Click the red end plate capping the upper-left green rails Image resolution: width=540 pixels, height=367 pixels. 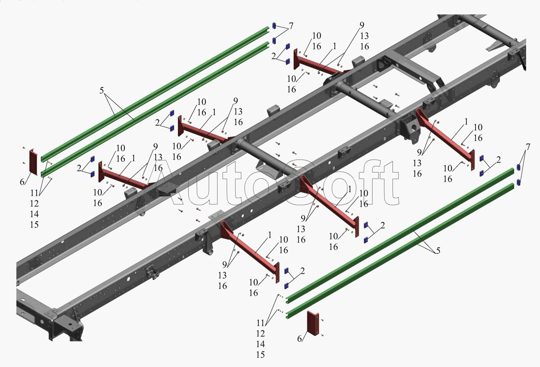click(33, 162)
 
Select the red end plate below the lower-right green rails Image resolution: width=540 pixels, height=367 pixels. click(312, 323)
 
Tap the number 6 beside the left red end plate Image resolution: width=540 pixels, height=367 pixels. click(22, 182)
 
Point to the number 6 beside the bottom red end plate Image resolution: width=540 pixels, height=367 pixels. click(300, 339)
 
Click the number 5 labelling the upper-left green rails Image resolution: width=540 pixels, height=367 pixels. click(102, 90)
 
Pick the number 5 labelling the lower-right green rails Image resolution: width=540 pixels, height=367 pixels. click(438, 251)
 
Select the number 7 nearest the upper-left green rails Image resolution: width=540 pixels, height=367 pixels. click(291, 26)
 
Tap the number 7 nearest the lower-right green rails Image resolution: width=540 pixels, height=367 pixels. click(528, 147)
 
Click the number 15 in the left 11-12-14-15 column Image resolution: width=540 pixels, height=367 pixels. click(34, 225)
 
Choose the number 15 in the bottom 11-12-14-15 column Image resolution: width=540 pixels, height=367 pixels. click(260, 355)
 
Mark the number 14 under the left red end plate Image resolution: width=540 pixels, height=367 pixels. click(34, 214)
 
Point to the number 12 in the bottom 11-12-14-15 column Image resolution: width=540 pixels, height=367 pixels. click(260, 334)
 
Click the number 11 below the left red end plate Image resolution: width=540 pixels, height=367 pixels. click(34, 193)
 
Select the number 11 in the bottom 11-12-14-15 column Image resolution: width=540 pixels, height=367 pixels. click(260, 323)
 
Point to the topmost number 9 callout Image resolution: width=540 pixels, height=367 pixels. click(362, 25)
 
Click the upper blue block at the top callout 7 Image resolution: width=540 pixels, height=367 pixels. click(274, 26)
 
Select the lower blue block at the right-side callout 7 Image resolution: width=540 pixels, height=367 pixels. click(519, 182)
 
